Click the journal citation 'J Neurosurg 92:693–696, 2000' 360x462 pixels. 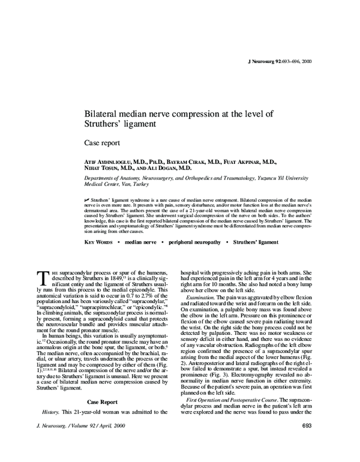point(279,62)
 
